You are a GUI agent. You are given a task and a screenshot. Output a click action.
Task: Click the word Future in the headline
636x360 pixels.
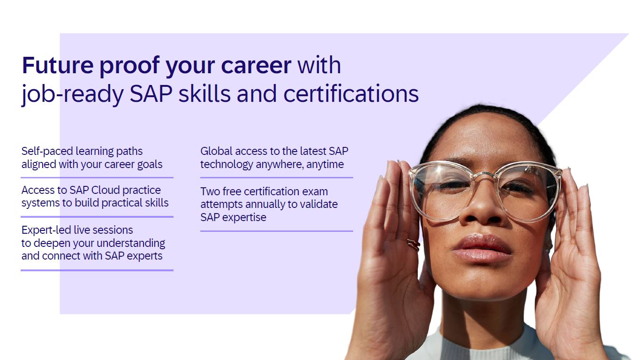[58, 65]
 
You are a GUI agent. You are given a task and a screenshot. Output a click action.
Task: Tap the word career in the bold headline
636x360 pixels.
[256, 66]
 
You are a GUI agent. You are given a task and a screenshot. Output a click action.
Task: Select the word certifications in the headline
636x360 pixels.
[351, 93]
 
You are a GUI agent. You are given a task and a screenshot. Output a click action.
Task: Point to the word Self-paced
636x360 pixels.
[47, 152]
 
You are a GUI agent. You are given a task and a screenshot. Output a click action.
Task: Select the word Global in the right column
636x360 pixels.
[216, 151]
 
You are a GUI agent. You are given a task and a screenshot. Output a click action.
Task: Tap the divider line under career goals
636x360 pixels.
[97, 177]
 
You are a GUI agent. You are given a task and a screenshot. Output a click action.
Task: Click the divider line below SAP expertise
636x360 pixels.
[277, 231]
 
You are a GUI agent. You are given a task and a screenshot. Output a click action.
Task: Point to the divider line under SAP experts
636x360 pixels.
[97, 270]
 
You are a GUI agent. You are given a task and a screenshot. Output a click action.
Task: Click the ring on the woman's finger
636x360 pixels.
[413, 245]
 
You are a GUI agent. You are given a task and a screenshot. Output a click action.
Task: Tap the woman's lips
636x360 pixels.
[482, 248]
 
